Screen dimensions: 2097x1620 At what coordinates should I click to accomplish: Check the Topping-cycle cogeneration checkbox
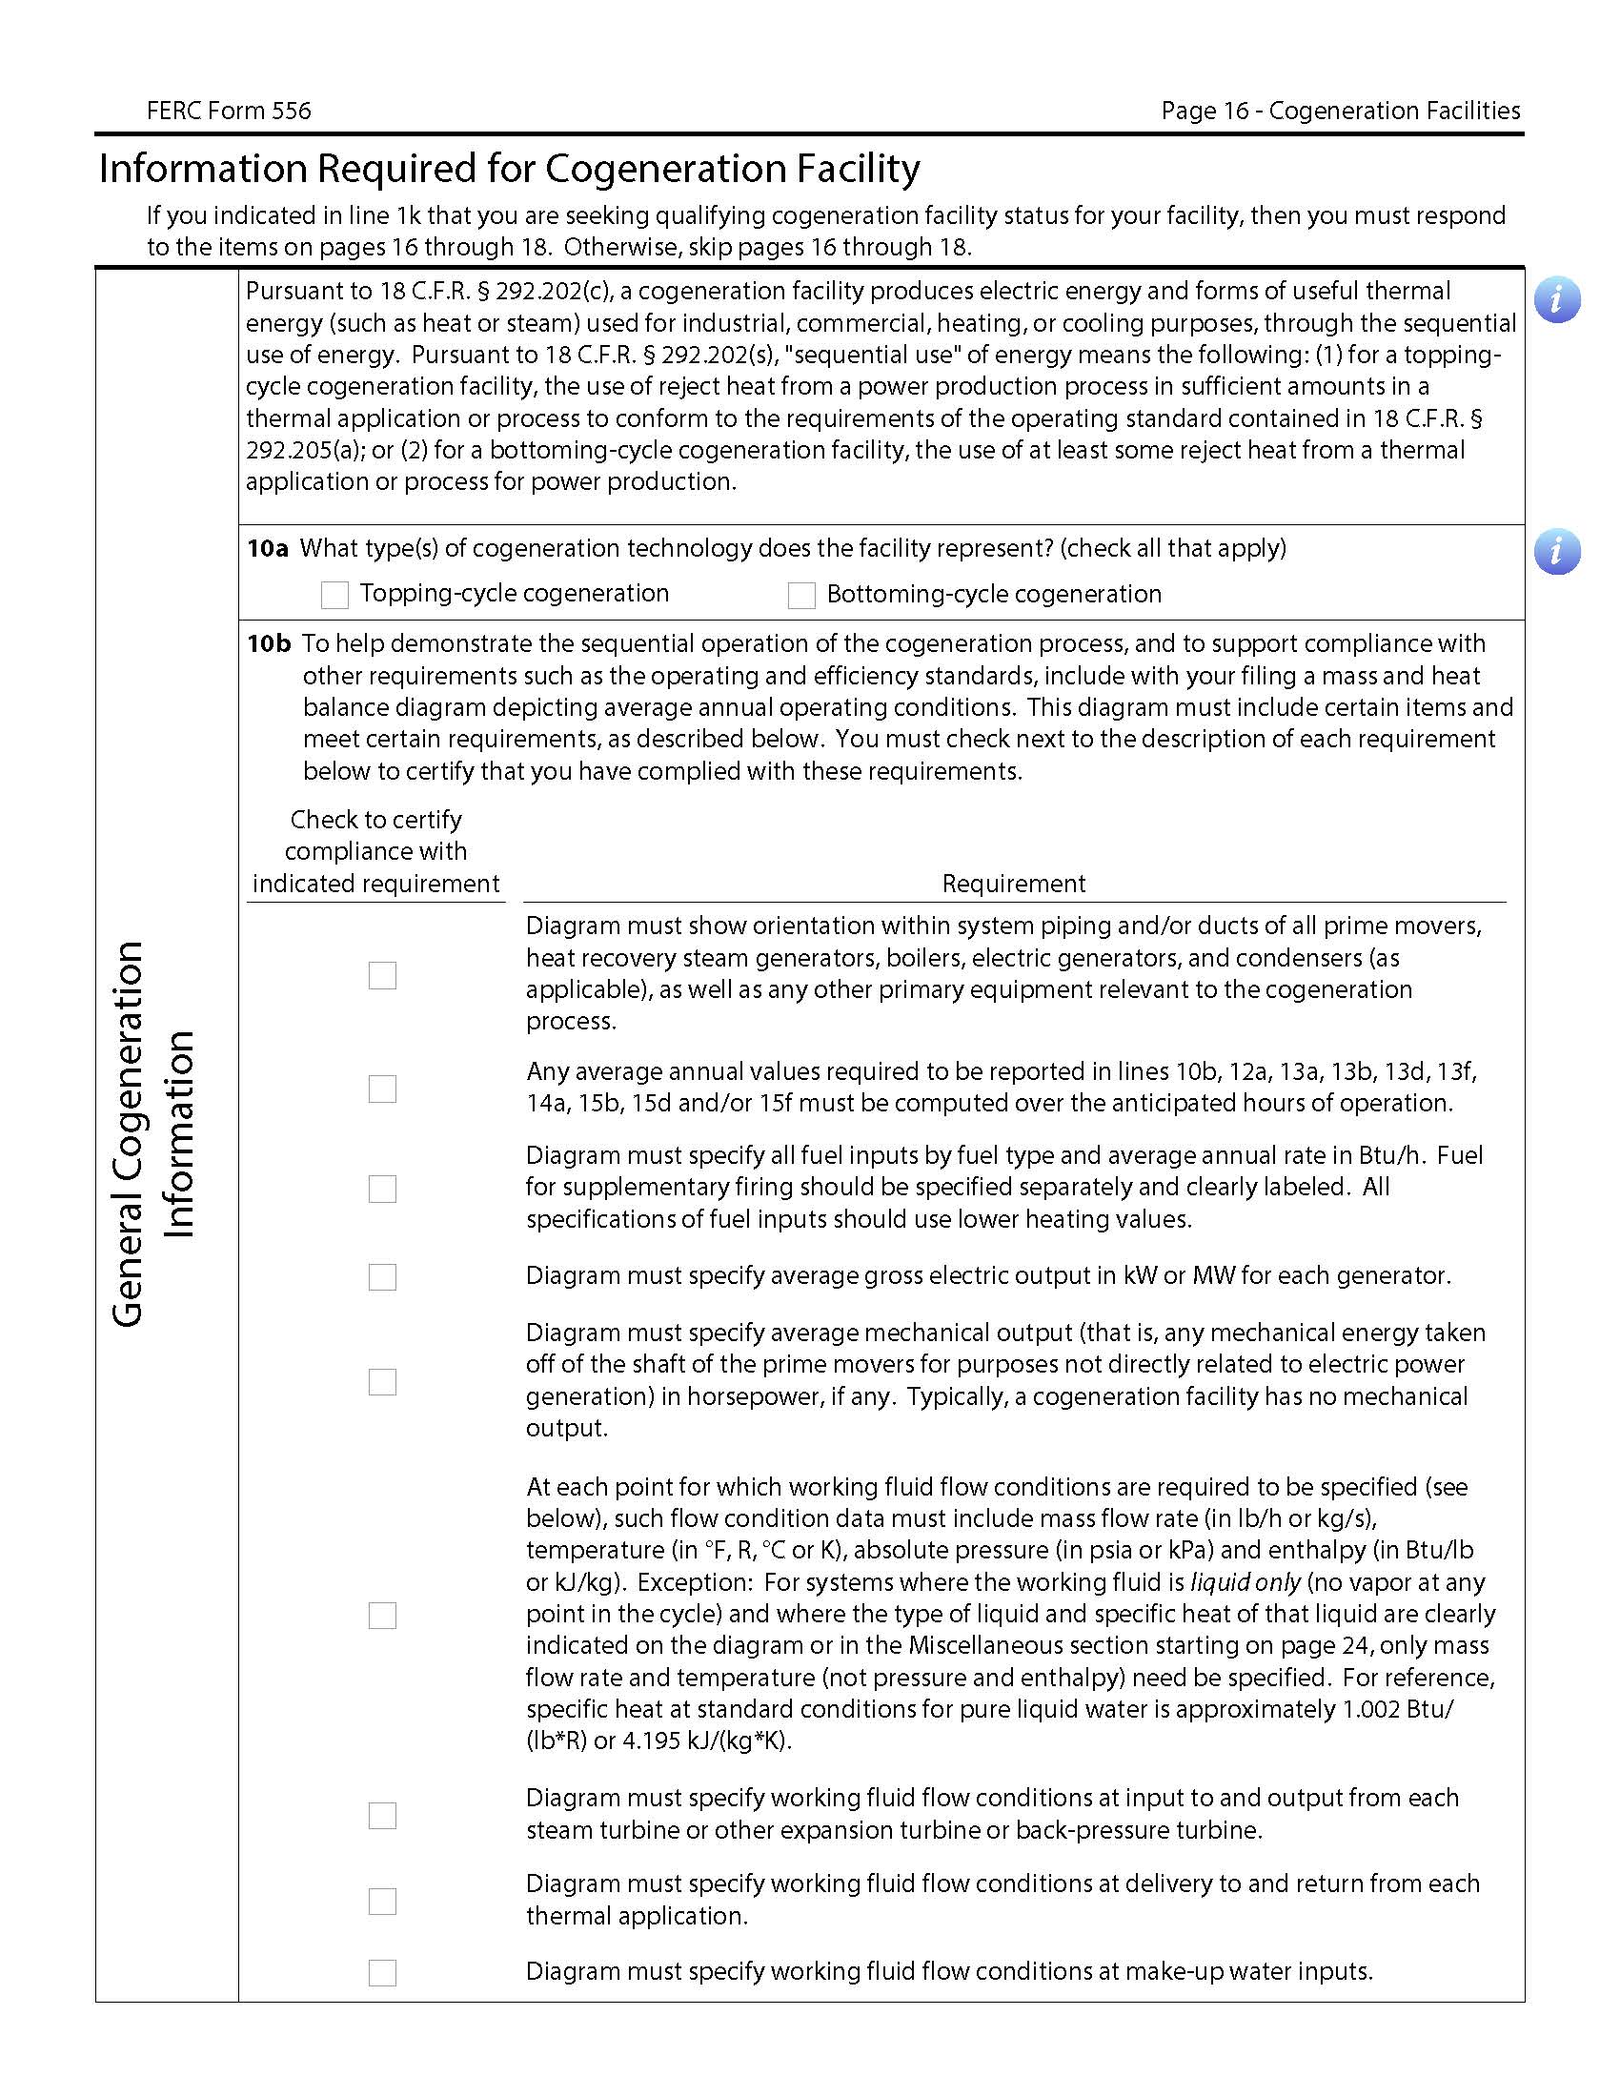click(334, 596)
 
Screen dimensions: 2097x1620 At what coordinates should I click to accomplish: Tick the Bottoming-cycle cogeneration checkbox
click(800, 596)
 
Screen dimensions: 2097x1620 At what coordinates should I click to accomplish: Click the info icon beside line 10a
click(1556, 552)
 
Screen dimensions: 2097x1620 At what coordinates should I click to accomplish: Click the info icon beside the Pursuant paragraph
click(1556, 299)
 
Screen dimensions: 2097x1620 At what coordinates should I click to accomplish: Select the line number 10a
click(268, 548)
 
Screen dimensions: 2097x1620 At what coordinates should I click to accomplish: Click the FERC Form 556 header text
click(229, 111)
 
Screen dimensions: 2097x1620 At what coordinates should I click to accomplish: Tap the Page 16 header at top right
click(1340, 111)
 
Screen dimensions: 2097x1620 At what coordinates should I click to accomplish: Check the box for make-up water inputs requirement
click(382, 1972)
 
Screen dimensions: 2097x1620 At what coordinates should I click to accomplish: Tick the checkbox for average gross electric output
click(382, 1277)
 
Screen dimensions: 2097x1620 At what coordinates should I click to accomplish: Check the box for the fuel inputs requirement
click(382, 1189)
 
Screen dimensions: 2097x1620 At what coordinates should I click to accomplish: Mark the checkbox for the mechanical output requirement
click(382, 1382)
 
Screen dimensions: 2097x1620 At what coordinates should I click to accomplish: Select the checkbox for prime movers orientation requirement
click(382, 975)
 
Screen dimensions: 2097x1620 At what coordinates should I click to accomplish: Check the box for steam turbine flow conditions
click(382, 1815)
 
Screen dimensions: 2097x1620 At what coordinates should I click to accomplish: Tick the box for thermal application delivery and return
click(382, 1902)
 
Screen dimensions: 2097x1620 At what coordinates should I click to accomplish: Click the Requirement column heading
click(1014, 884)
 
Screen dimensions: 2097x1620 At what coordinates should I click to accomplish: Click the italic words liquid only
click(1245, 1582)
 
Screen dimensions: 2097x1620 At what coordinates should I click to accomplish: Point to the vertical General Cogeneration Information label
click(153, 1133)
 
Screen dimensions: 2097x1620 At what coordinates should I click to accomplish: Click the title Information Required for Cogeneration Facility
click(510, 169)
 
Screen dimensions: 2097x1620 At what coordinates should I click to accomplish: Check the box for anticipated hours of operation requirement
click(382, 1089)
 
